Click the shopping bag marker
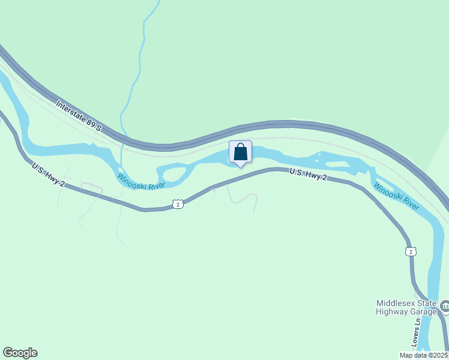tap(240, 152)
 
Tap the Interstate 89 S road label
tap(79, 116)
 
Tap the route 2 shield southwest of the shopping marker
tap(177, 205)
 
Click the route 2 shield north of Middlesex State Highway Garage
tap(410, 251)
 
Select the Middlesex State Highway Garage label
tap(406, 307)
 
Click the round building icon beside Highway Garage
tap(445, 307)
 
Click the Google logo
tap(20, 353)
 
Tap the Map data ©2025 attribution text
tap(423, 355)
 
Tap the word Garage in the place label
tap(423, 311)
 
